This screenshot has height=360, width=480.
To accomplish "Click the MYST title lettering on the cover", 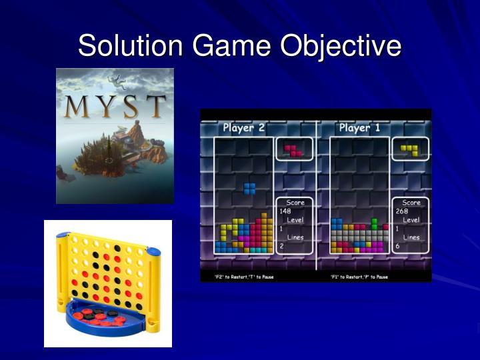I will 115,106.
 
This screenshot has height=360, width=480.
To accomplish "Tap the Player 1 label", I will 360,128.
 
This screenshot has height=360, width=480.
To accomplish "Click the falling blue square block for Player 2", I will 249,188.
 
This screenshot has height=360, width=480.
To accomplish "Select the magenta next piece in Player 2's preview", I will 293,150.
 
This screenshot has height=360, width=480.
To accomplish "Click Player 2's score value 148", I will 285,211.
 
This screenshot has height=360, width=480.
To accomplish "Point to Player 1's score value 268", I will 401,211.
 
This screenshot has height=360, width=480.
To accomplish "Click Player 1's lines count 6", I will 397,246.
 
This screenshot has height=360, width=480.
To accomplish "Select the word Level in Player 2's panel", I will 295,219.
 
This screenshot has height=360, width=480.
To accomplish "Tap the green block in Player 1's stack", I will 374,223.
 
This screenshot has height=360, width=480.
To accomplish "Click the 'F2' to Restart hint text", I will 238,276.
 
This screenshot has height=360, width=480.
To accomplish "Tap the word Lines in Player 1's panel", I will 411,237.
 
